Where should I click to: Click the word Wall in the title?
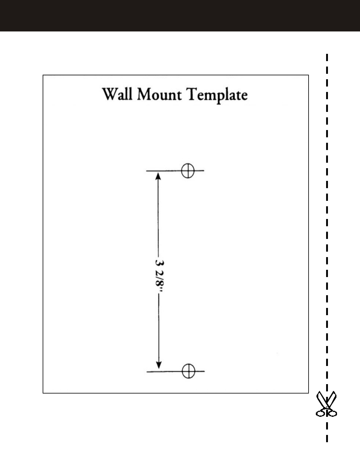coord(118,94)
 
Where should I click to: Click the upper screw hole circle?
coord(188,171)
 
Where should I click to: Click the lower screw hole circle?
coord(188,371)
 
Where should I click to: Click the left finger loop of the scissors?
coord(320,413)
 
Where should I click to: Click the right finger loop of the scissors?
coord(333,413)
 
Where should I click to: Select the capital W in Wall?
coord(110,94)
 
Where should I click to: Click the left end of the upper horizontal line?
coord(147,171)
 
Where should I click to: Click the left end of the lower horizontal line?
coord(147,371)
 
